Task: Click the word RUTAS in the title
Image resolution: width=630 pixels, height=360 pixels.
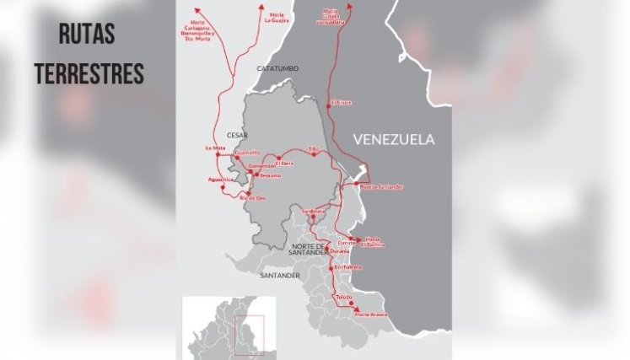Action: point(87,35)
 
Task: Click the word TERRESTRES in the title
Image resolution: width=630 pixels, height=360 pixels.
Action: point(89,73)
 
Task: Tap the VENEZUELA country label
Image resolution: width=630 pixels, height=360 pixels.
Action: point(394,139)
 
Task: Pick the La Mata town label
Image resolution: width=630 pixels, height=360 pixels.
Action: point(216,148)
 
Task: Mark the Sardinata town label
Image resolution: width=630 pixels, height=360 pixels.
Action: point(312,211)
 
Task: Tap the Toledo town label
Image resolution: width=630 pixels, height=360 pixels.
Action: point(343,298)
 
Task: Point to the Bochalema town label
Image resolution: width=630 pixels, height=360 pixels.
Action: point(347,267)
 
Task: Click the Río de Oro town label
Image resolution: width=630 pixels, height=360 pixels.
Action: point(253,198)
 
